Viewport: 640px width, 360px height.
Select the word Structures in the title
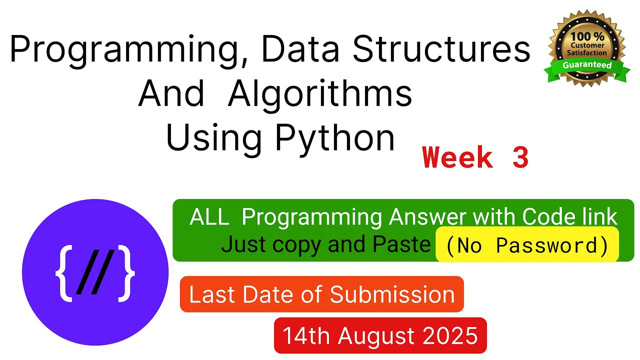coord(441,48)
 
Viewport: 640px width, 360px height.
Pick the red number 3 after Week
coord(520,157)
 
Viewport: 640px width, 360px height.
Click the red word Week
coord(457,157)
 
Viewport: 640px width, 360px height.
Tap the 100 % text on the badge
coord(587,36)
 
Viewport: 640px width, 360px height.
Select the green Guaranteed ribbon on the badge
coord(587,68)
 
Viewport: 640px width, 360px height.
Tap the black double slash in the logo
coord(95,272)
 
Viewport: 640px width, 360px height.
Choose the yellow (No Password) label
coord(527,244)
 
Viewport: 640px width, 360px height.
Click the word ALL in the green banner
coord(209,217)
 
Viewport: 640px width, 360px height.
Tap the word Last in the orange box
coord(212,295)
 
